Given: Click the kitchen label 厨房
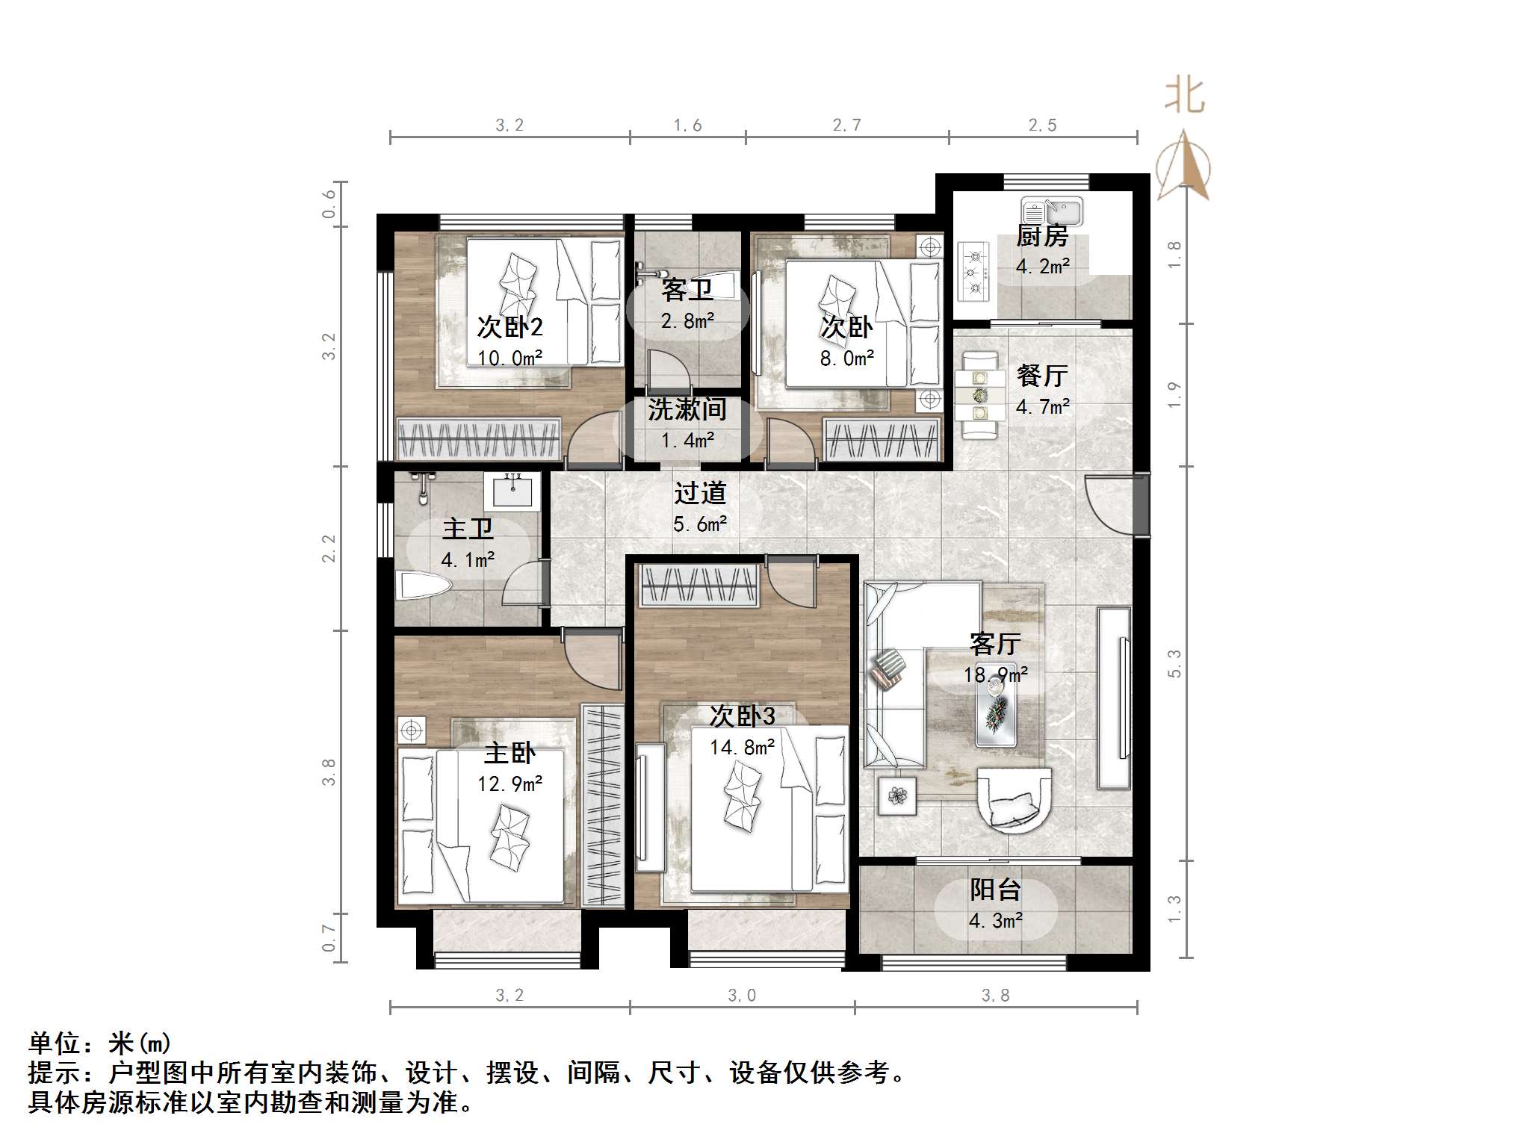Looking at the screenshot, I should click(1042, 236).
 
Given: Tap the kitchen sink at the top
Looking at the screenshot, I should click(1051, 211).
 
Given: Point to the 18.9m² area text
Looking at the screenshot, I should click(995, 675).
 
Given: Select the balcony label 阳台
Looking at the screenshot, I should click(995, 890).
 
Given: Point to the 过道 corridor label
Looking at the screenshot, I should click(699, 493).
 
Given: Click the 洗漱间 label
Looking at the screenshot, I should click(687, 409).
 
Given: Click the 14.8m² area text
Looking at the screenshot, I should click(741, 747).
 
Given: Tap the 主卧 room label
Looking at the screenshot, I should click(509, 753).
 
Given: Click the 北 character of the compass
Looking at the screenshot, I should click(1184, 97).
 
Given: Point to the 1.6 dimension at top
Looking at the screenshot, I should click(687, 125).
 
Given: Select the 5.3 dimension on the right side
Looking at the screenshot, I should click(1174, 663).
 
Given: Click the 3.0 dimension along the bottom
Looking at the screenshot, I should click(741, 995).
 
